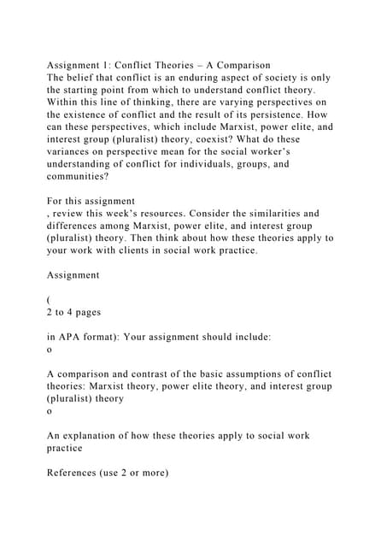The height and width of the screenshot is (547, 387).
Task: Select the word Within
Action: pyautogui.click(x=65, y=102)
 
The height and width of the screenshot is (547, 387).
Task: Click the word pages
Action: pyautogui.click(x=86, y=313)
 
